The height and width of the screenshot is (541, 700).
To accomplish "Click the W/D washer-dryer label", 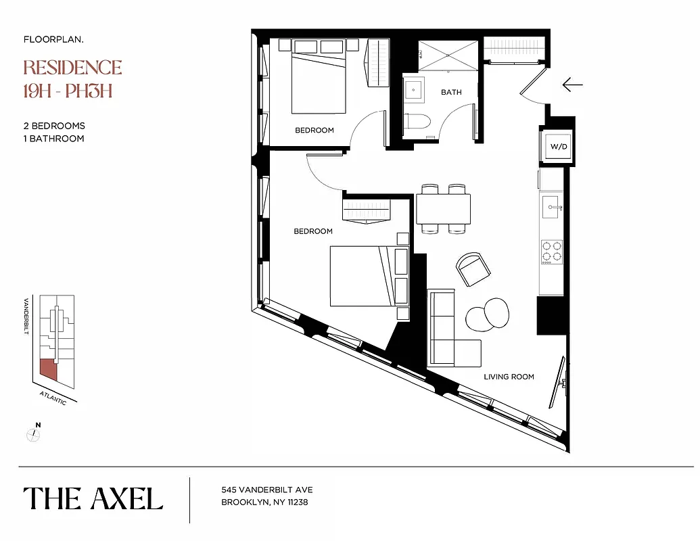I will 558,146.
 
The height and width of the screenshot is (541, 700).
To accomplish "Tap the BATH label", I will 451,92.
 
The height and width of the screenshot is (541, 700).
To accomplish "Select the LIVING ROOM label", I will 509,377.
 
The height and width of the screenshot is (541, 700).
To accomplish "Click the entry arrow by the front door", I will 572,85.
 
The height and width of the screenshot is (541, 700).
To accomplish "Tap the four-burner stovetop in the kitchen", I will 551,251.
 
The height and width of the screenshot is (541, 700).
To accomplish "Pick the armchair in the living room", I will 471,269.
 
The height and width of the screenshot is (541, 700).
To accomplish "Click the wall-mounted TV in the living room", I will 559,383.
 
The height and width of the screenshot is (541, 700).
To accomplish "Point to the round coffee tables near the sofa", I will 487,314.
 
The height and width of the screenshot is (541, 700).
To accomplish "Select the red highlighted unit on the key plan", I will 48,369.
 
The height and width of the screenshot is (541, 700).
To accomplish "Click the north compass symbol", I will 33,434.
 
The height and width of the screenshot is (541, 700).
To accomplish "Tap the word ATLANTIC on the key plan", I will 53,398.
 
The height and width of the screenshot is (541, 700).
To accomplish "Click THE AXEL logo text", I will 93,499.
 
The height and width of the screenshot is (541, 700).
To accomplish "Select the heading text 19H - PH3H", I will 67,91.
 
